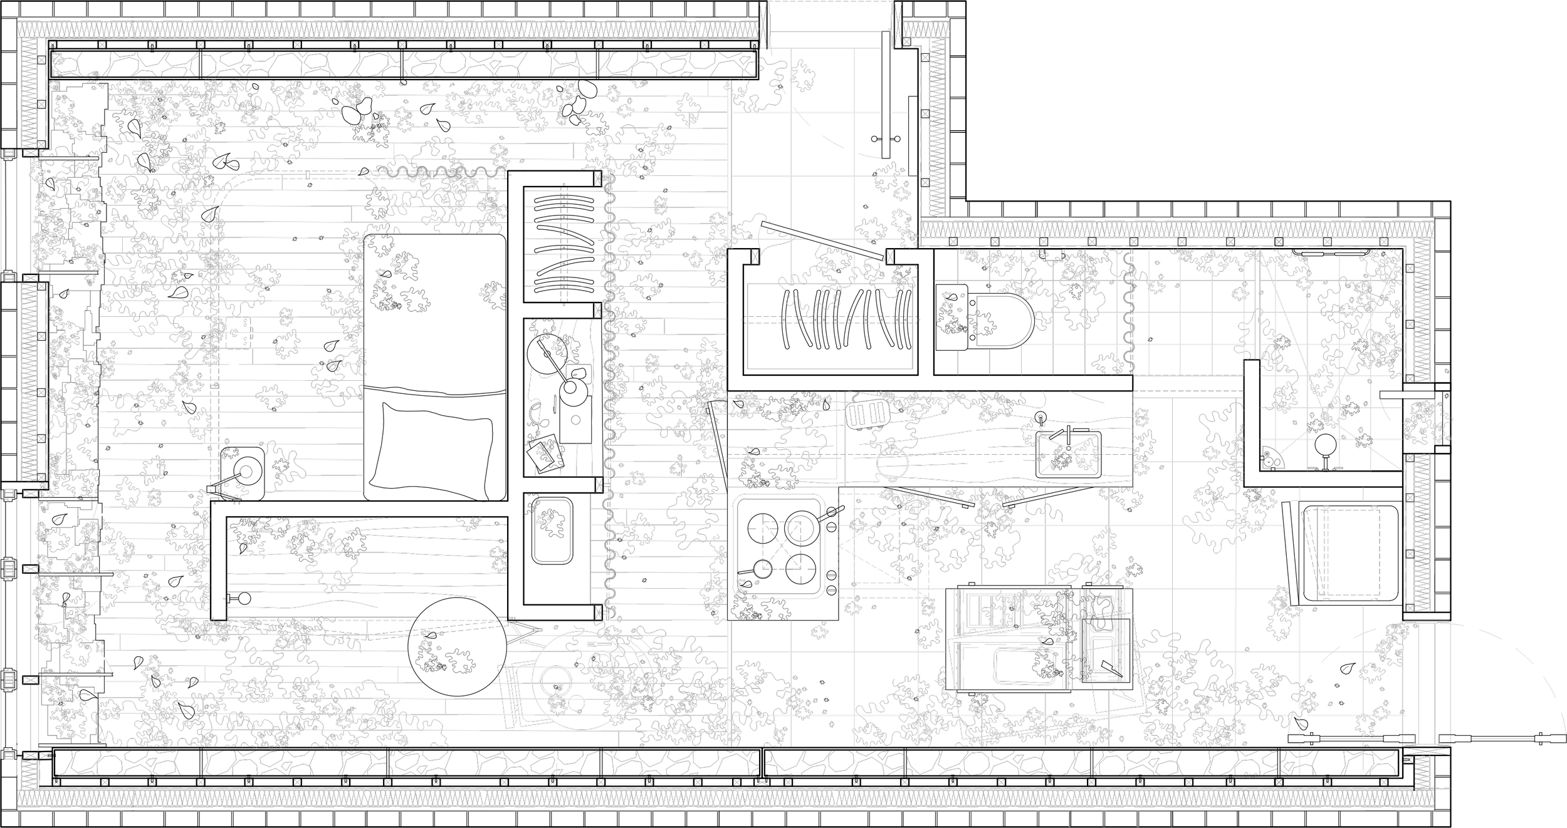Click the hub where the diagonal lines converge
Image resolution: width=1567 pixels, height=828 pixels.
pos(1326,416)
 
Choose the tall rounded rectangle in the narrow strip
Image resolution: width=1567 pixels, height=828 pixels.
pos(552,530)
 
